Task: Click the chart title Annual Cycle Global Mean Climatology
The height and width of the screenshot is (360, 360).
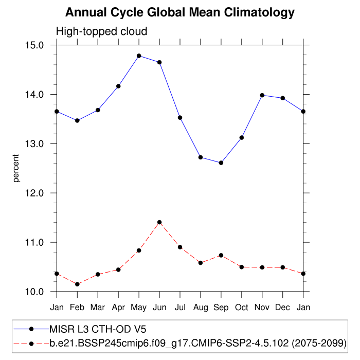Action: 180,12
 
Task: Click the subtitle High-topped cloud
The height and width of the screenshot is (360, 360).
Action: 101,31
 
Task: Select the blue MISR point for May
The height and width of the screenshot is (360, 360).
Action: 139,56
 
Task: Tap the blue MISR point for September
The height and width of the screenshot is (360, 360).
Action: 221,163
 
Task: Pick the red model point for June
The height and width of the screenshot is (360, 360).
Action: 159,222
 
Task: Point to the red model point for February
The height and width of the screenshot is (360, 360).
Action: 77,284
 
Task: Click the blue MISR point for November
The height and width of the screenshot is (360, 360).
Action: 262,95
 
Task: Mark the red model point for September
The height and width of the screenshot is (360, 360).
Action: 221,255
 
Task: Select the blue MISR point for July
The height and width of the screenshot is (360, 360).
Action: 180,118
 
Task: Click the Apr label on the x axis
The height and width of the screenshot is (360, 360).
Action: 118,308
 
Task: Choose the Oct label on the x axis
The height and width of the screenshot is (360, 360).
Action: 242,308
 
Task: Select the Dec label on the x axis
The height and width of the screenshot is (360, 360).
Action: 283,308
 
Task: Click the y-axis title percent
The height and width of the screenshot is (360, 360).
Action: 16,168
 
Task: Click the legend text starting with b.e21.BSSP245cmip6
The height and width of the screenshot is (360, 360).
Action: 197,342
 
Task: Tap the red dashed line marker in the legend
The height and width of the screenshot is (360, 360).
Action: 31,342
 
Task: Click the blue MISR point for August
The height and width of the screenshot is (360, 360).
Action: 201,157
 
